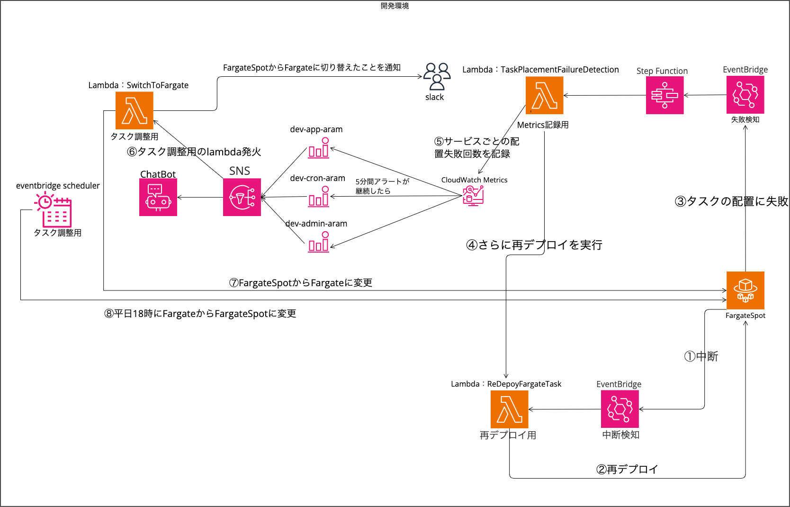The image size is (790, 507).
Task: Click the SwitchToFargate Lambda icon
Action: (x=135, y=110)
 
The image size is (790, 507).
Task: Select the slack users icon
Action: (x=437, y=76)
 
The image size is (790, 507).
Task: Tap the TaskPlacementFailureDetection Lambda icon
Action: (x=544, y=95)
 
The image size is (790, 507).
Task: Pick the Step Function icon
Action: (x=664, y=95)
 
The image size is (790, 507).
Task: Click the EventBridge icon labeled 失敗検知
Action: (x=745, y=95)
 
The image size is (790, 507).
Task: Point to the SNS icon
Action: (x=242, y=197)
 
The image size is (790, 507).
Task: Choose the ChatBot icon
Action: (x=158, y=197)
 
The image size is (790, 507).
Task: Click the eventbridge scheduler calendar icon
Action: (x=54, y=210)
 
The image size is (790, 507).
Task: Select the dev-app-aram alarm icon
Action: (x=319, y=148)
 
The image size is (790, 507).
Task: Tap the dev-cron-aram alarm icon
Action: (x=319, y=197)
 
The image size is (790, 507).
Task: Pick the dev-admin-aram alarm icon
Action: (x=319, y=242)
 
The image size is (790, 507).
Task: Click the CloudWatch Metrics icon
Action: (x=473, y=195)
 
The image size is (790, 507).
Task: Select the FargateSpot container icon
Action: (x=745, y=290)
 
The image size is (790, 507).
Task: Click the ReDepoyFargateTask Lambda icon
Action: (x=509, y=409)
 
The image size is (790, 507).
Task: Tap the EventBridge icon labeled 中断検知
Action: (x=619, y=409)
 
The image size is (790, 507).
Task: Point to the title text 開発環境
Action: (x=395, y=6)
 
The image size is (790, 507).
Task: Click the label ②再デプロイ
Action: (x=627, y=470)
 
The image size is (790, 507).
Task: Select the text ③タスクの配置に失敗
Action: (x=731, y=201)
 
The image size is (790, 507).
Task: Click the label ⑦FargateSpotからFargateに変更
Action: (x=301, y=283)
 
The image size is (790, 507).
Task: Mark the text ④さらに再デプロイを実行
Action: (x=534, y=245)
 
